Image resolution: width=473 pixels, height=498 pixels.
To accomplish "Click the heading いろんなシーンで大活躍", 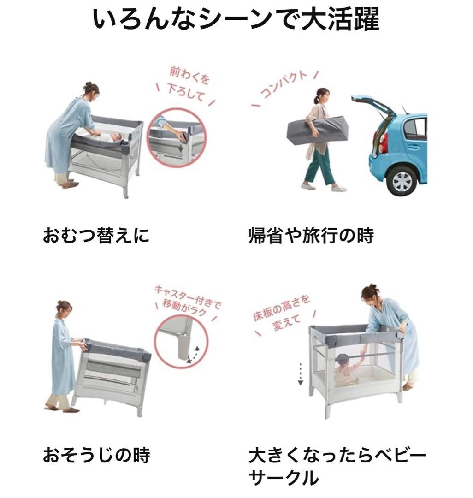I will [236, 19].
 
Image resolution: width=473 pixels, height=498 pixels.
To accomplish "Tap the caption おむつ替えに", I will [96, 236].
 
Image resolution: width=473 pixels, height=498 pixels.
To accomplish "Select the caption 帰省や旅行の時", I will [311, 236].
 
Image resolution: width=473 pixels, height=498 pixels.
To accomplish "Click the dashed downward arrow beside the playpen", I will [300, 373].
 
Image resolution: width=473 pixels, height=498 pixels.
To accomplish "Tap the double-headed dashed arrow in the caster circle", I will [195, 355].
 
